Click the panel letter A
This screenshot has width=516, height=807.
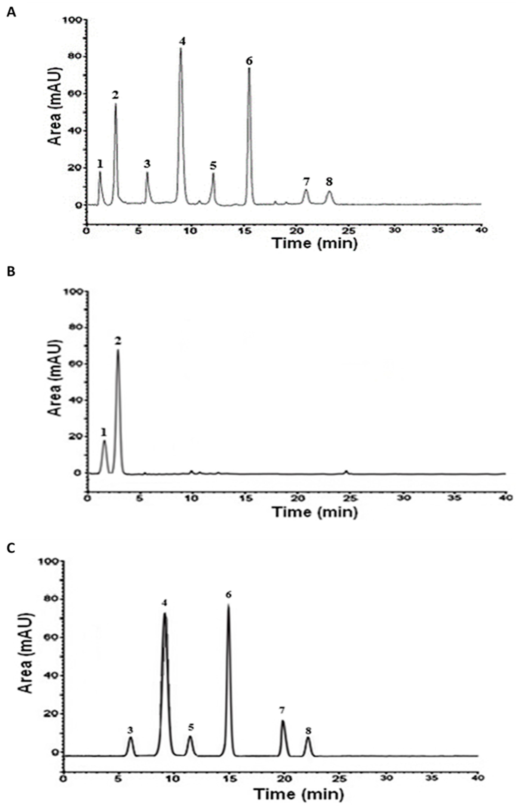pos(12,13)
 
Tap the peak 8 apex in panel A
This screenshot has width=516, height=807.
pos(330,192)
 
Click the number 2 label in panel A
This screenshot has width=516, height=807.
pos(116,95)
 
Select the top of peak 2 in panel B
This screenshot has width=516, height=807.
pos(118,350)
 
